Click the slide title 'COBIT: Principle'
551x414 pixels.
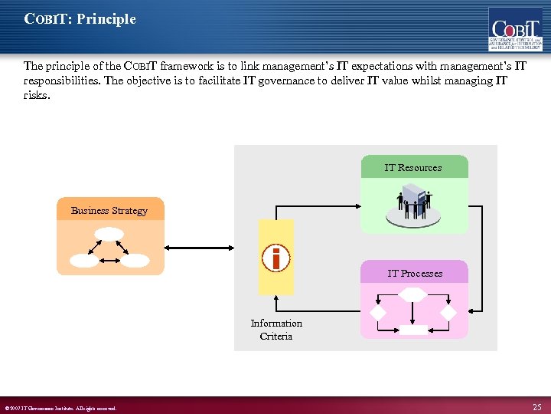click(80, 19)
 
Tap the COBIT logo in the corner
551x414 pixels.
click(516, 28)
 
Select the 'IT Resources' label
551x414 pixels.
click(413, 167)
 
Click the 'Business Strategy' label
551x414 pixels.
click(109, 210)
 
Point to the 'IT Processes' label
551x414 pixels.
click(414, 273)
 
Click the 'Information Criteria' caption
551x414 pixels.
click(276, 330)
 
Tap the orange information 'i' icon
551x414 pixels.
click(275, 258)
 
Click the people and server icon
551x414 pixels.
click(413, 204)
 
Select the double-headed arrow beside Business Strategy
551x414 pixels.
click(211, 248)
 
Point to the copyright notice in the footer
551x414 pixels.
click(60, 408)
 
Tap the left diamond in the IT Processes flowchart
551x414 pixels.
click(379, 313)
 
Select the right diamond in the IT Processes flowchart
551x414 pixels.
click(448, 313)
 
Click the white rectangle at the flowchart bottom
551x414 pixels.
click(414, 330)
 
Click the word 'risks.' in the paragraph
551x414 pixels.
click(37, 94)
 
